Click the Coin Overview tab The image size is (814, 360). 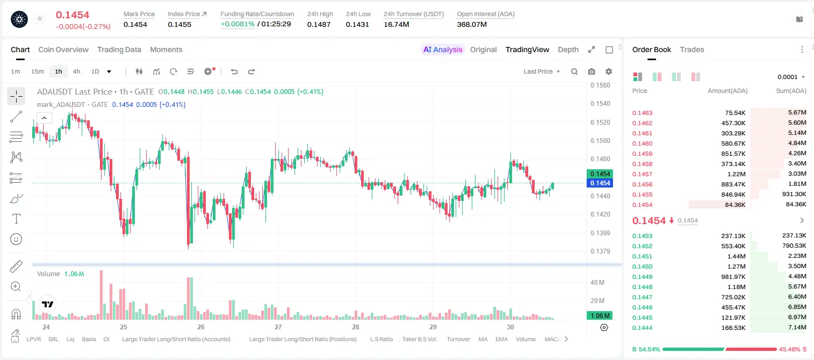[63, 49]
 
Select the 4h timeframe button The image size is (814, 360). [76, 71]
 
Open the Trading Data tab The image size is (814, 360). [119, 49]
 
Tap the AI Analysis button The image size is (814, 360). [442, 49]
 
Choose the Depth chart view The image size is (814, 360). [568, 49]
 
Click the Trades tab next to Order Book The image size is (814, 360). [692, 49]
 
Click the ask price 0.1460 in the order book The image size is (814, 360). [642, 143]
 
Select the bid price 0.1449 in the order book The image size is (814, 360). [642, 277]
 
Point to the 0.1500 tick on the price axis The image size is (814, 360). [600, 141]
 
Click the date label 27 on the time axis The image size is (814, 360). [278, 327]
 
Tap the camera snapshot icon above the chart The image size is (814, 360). [592, 71]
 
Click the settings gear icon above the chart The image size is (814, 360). [609, 71]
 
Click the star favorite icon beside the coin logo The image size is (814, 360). [40, 18]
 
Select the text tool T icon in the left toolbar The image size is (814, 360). [16, 219]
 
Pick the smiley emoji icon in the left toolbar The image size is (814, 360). [16, 239]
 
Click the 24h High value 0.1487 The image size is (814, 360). [319, 24]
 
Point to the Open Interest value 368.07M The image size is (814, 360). [472, 24]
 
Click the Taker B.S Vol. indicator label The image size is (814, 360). [419, 339]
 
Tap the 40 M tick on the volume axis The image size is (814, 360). [597, 282]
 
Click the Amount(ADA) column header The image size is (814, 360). [727, 91]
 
